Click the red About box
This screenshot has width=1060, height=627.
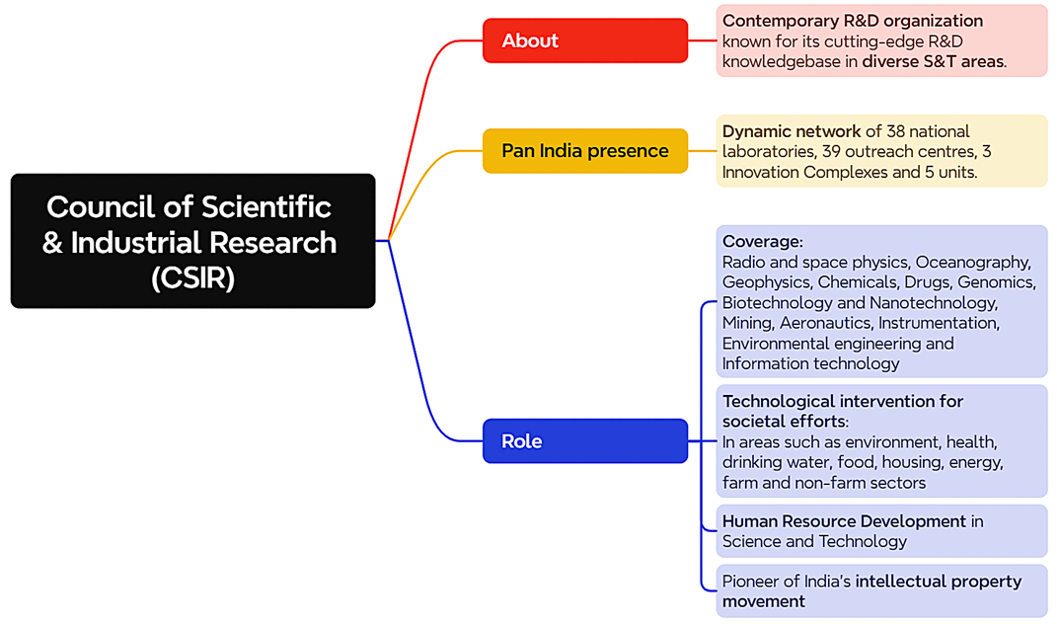(584, 40)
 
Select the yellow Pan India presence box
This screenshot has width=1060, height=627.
(584, 151)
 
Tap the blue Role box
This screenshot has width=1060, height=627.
(584, 441)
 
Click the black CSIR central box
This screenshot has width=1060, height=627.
(192, 241)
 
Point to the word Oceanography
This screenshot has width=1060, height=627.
(973, 263)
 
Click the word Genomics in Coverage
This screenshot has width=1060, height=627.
(996, 282)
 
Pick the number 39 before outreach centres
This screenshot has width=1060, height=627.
(831, 151)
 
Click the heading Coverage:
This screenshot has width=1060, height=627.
(763, 242)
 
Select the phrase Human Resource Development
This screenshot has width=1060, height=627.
(844, 521)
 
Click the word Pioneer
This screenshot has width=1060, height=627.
(750, 582)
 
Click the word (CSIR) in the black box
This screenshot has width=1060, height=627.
(192, 278)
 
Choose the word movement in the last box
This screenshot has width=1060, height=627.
(763, 602)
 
